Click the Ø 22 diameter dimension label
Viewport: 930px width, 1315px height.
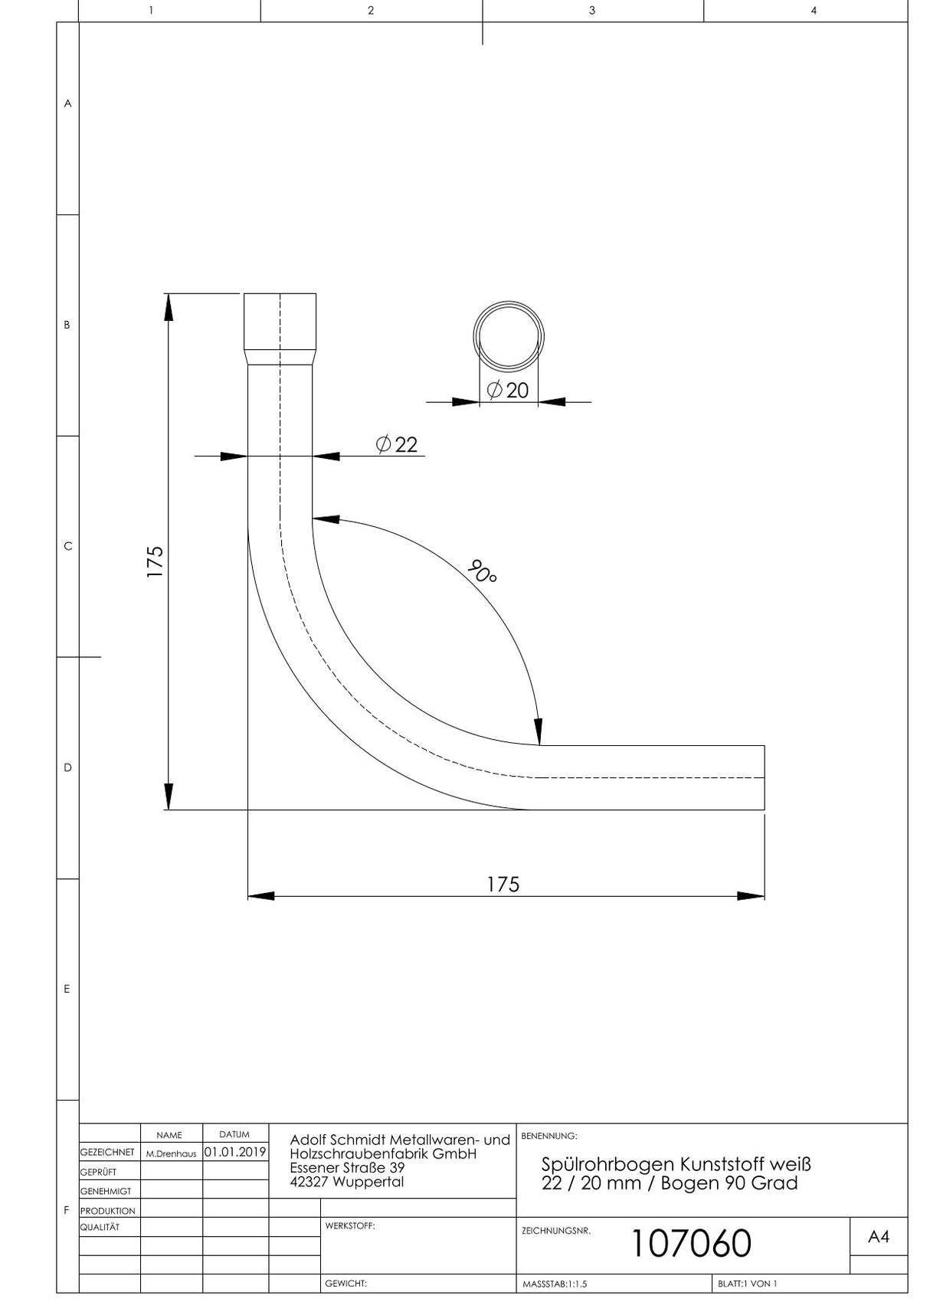(397, 444)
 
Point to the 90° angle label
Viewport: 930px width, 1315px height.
(482, 572)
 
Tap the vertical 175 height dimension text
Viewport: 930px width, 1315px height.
(155, 561)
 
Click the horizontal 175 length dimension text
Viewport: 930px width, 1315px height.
(503, 885)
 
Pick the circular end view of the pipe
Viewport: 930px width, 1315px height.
(509, 303)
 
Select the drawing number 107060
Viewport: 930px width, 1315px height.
(691, 1243)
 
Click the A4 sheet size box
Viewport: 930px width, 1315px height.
(879, 1236)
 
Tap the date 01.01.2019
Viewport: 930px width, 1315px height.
(235, 1152)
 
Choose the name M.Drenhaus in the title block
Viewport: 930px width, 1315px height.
(171, 1153)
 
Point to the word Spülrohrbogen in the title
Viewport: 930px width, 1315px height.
(598, 1165)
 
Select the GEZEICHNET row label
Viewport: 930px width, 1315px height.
(107, 1153)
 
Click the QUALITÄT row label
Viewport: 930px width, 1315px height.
(100, 1227)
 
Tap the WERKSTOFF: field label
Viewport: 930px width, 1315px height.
(350, 1225)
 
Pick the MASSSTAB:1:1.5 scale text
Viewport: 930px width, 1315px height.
(555, 1284)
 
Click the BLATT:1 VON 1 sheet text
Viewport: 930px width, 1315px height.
(747, 1284)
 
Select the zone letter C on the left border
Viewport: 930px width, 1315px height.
(67, 546)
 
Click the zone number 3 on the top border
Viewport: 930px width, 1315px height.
(592, 11)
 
